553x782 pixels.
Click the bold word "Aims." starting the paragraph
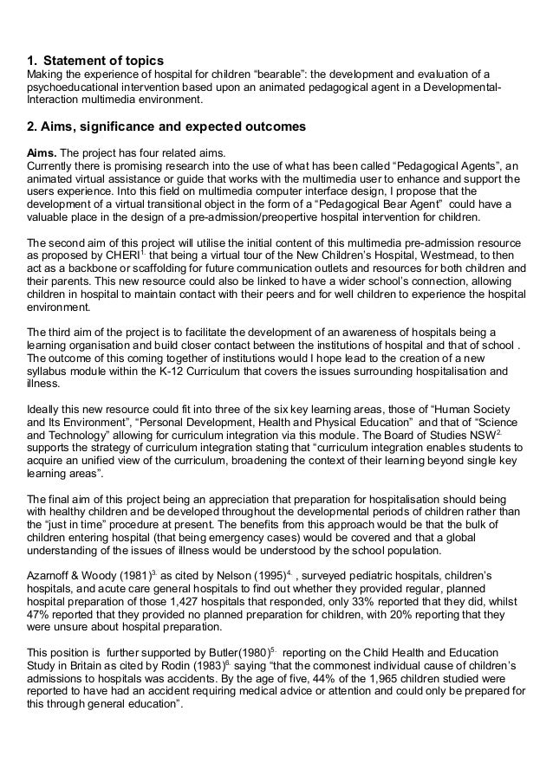click(x=44, y=150)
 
